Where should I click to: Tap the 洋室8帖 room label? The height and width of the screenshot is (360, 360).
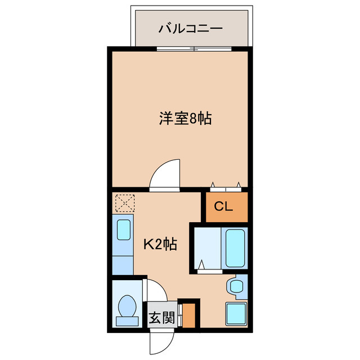185,119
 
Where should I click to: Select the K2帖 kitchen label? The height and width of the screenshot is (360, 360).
162,244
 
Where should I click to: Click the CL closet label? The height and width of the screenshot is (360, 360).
223,206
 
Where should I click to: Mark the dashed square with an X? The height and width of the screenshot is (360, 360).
123,202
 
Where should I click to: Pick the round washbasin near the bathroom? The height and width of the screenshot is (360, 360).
234,286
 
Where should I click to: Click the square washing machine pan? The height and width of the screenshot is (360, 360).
236,313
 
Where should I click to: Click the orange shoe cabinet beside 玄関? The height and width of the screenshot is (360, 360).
190,316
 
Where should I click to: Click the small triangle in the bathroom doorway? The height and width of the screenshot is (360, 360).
201,263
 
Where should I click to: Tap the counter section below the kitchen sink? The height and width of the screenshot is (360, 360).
123,262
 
